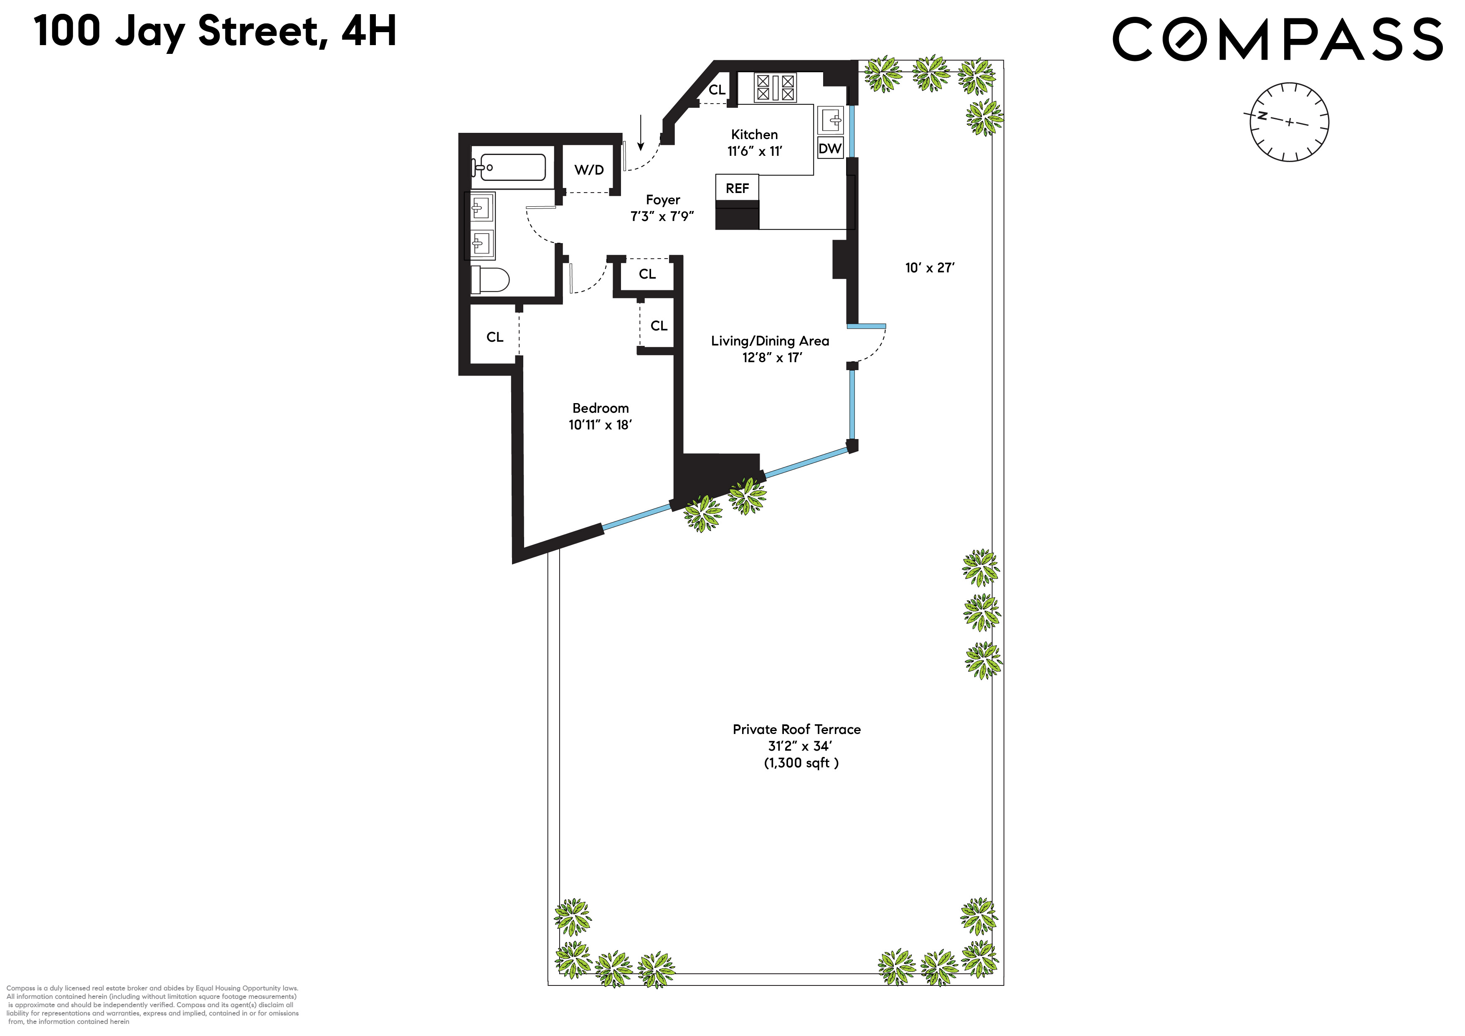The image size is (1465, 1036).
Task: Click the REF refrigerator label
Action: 737,188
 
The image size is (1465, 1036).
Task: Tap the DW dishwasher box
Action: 830,149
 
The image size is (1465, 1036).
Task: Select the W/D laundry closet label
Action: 589,170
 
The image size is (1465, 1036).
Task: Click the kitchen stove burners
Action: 775,87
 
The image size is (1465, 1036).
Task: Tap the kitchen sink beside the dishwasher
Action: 831,119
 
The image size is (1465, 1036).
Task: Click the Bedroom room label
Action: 601,408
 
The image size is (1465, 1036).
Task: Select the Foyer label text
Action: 663,200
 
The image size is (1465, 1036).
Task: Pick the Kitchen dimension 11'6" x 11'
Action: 754,151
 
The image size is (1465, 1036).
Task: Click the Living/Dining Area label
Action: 770,341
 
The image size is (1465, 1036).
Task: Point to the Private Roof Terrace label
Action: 796,729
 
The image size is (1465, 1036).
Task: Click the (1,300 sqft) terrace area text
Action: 801,763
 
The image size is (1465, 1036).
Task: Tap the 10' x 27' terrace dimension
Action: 930,268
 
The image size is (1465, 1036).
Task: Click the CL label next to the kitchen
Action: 717,90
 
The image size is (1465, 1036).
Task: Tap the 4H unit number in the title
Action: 369,31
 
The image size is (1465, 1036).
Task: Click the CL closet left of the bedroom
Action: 494,337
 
